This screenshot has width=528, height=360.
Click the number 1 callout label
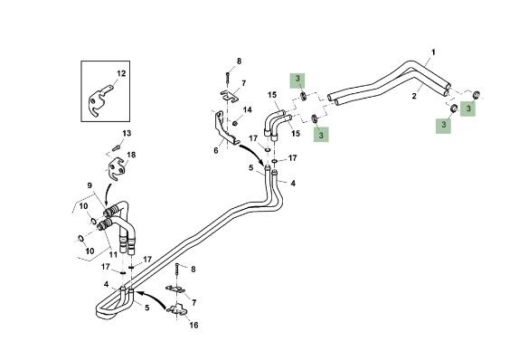(x=433, y=52)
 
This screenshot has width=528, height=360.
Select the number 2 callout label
(x=414, y=96)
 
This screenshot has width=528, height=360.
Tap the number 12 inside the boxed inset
(x=121, y=73)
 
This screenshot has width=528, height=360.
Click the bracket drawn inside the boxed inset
(x=100, y=100)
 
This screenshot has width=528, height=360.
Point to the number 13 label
(x=127, y=133)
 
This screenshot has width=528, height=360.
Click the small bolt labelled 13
(x=117, y=147)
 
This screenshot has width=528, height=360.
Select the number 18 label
(x=131, y=155)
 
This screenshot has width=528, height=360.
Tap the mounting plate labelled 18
(x=116, y=169)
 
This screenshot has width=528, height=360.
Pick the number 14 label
(x=248, y=109)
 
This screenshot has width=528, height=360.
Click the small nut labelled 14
(x=235, y=123)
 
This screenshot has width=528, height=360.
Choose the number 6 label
(x=216, y=150)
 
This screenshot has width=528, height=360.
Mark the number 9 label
(x=90, y=185)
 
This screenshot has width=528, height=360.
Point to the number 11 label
(x=113, y=254)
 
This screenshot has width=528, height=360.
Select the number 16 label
(x=193, y=326)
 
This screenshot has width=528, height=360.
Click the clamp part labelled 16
(x=178, y=310)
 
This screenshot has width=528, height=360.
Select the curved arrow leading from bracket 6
(x=252, y=150)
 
